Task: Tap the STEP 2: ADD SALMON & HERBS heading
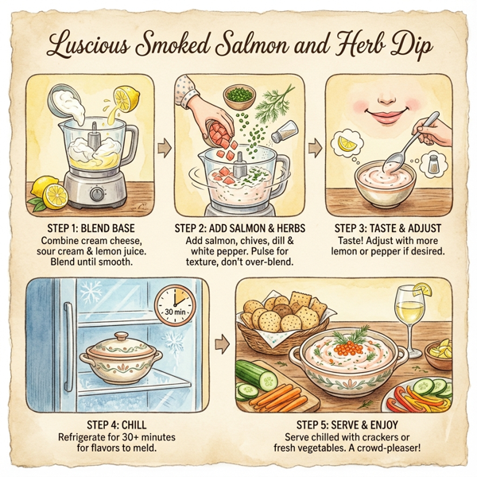click(x=238, y=227)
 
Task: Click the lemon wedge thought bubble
click(x=348, y=145)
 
